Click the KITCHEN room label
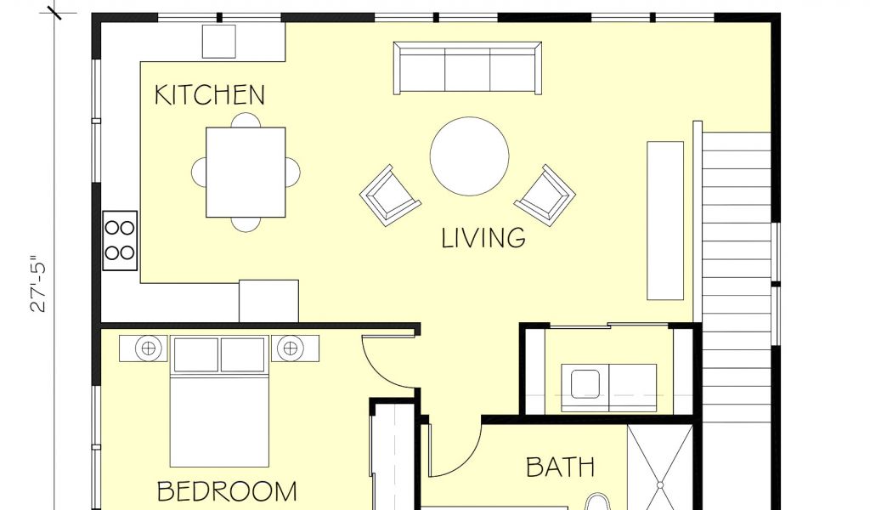click(x=209, y=95)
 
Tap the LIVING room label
click(x=483, y=238)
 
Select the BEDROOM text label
click(x=227, y=491)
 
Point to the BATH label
click(x=560, y=467)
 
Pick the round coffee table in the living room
click(x=469, y=156)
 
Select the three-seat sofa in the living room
click(x=468, y=68)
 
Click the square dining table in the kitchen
click(x=246, y=172)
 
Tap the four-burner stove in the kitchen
click(x=120, y=241)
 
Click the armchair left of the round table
click(x=389, y=195)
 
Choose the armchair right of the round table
click(x=545, y=195)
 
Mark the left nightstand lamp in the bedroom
click(x=148, y=348)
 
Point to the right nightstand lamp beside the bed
click(x=291, y=348)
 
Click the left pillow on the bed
click(x=196, y=354)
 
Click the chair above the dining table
click(x=246, y=120)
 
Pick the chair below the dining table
click(x=246, y=224)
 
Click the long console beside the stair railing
click(x=665, y=221)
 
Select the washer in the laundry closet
click(x=585, y=388)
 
